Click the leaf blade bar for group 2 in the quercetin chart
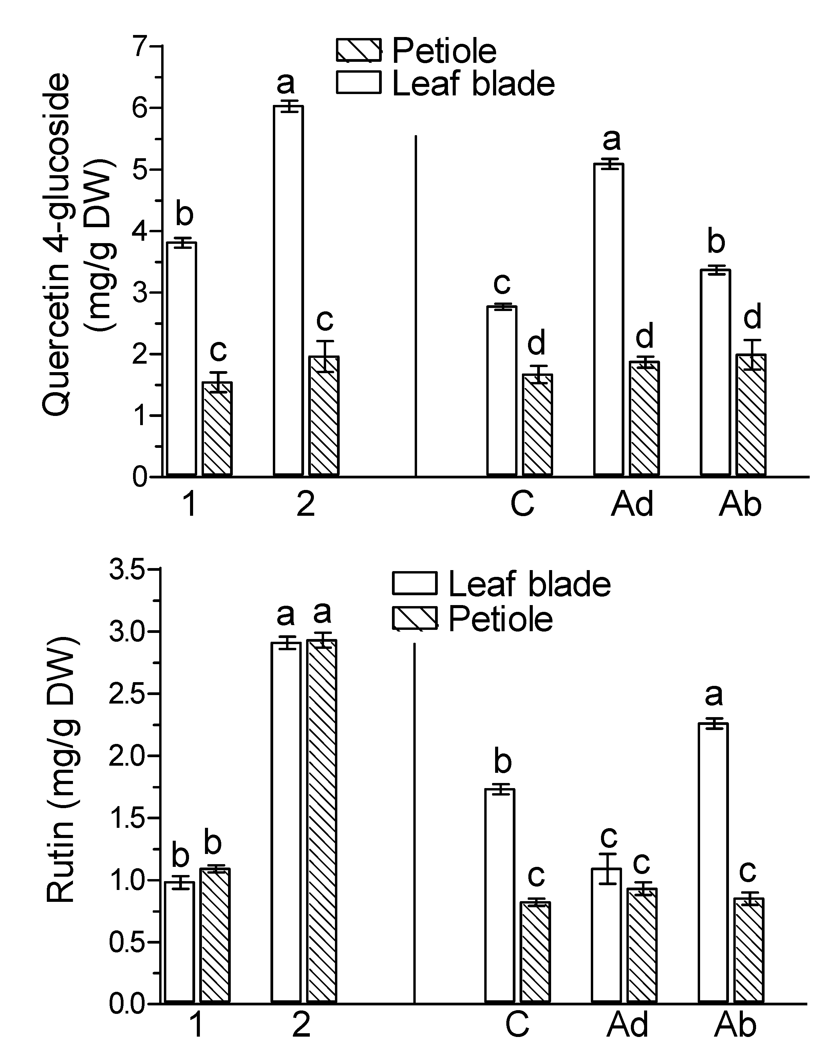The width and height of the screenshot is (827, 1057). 288,291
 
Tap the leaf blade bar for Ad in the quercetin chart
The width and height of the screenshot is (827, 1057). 609,320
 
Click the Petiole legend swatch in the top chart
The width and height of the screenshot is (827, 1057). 359,50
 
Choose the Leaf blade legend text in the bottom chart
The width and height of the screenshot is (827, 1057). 530,584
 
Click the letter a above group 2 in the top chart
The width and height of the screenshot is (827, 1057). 286,83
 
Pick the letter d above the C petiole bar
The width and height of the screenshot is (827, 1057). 536,343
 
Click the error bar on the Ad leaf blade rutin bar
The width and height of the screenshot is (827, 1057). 607,869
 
